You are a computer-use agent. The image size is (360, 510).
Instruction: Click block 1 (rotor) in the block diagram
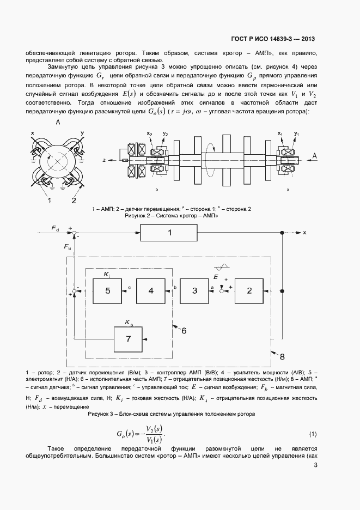point(169,233)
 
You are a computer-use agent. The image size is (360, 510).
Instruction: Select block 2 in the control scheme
point(249,291)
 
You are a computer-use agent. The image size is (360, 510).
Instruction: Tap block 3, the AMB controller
point(194,291)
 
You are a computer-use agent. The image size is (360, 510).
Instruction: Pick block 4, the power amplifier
point(151,291)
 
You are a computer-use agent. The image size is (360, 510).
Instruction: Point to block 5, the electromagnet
point(107,291)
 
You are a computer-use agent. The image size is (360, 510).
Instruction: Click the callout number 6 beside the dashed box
point(184,330)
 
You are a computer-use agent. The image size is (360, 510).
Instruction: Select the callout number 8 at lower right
point(282,357)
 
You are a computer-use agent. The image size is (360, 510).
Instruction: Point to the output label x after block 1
point(304,233)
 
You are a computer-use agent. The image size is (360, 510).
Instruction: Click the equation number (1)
point(313,434)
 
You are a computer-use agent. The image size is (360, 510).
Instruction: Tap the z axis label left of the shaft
point(103,161)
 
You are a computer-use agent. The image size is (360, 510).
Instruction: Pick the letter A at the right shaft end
point(315,157)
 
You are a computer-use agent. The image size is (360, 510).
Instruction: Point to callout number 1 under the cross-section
point(49,201)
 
